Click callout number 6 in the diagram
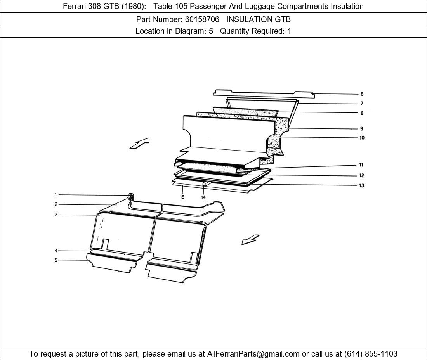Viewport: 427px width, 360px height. pyautogui.click(x=362, y=94)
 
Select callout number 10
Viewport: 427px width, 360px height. pyautogui.click(x=362, y=138)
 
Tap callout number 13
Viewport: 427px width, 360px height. pyautogui.click(x=362, y=185)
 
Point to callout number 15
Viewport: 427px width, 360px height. pyautogui.click(x=182, y=197)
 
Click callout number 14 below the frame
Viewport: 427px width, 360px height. pyautogui.click(x=203, y=197)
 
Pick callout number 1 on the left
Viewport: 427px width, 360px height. pyautogui.click(x=56, y=195)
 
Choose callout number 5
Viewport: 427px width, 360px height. pyautogui.click(x=56, y=260)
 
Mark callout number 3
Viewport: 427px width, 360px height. pyautogui.click(x=56, y=215)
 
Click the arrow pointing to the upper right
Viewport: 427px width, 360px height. pyautogui.click(x=140, y=144)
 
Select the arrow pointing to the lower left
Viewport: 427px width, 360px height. pyautogui.click(x=250, y=239)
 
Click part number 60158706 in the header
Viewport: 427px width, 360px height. pyautogui.click(x=202, y=19)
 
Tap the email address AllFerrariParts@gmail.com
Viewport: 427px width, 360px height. pyautogui.click(x=253, y=354)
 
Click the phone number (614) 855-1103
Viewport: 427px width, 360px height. pyautogui.click(x=371, y=354)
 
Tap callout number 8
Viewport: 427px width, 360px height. pyautogui.click(x=362, y=113)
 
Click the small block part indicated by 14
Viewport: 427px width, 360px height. pyautogui.click(x=206, y=183)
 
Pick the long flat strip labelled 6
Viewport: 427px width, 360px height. pyautogui.click(x=264, y=93)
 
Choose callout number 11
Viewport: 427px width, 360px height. pyautogui.click(x=361, y=165)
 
